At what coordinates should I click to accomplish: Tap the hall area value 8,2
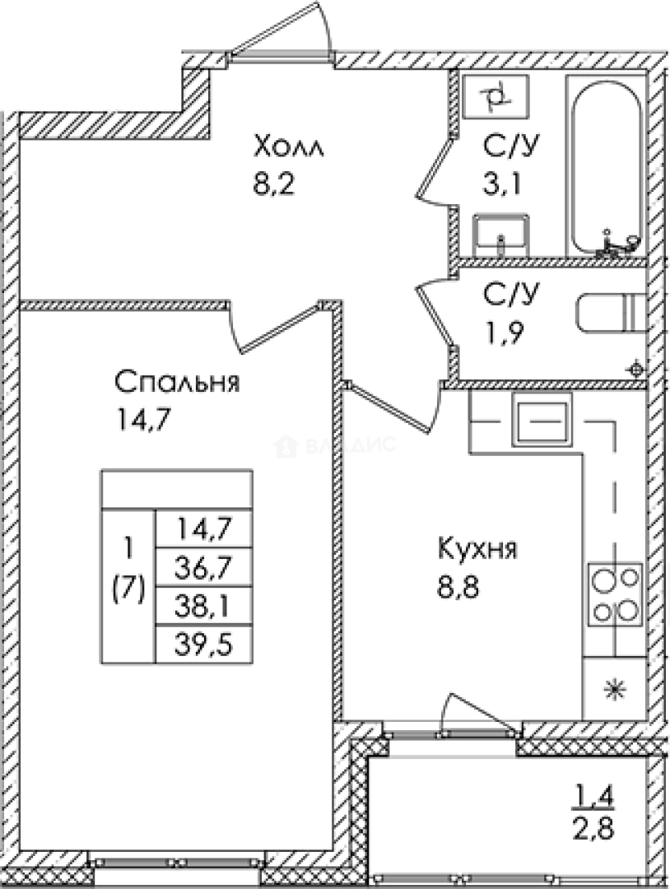point(273,183)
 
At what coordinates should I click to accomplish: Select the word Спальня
point(177,383)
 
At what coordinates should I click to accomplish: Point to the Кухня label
point(477,550)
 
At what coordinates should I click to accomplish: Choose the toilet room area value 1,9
point(502,334)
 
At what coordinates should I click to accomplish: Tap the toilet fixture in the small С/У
point(610,314)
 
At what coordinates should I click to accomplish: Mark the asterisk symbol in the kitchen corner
point(612,690)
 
